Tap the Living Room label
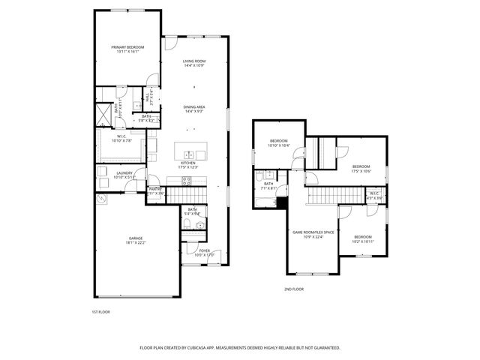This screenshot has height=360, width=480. [194, 63]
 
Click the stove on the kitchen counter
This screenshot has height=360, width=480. [173, 179]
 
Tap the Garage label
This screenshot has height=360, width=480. [135, 240]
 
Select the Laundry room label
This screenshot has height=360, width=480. [124, 175]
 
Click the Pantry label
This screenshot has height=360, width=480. [155, 190]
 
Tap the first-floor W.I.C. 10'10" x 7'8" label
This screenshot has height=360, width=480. [121, 138]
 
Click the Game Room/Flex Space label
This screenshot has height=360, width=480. [311, 234]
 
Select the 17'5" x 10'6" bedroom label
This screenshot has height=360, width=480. [361, 169]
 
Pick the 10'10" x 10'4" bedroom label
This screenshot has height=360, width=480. [279, 143]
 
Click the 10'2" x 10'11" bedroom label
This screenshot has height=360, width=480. [362, 239]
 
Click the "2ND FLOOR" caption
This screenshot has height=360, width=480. [294, 289]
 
